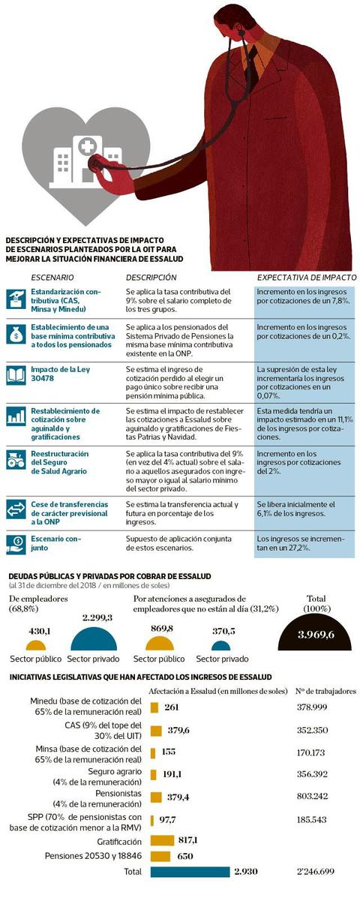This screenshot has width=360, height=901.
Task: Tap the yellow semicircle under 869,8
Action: point(160,644)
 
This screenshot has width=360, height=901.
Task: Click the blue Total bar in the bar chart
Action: point(189,872)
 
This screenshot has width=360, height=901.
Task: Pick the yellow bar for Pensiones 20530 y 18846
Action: point(160,856)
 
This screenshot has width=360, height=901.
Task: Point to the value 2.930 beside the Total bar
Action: point(246,872)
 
